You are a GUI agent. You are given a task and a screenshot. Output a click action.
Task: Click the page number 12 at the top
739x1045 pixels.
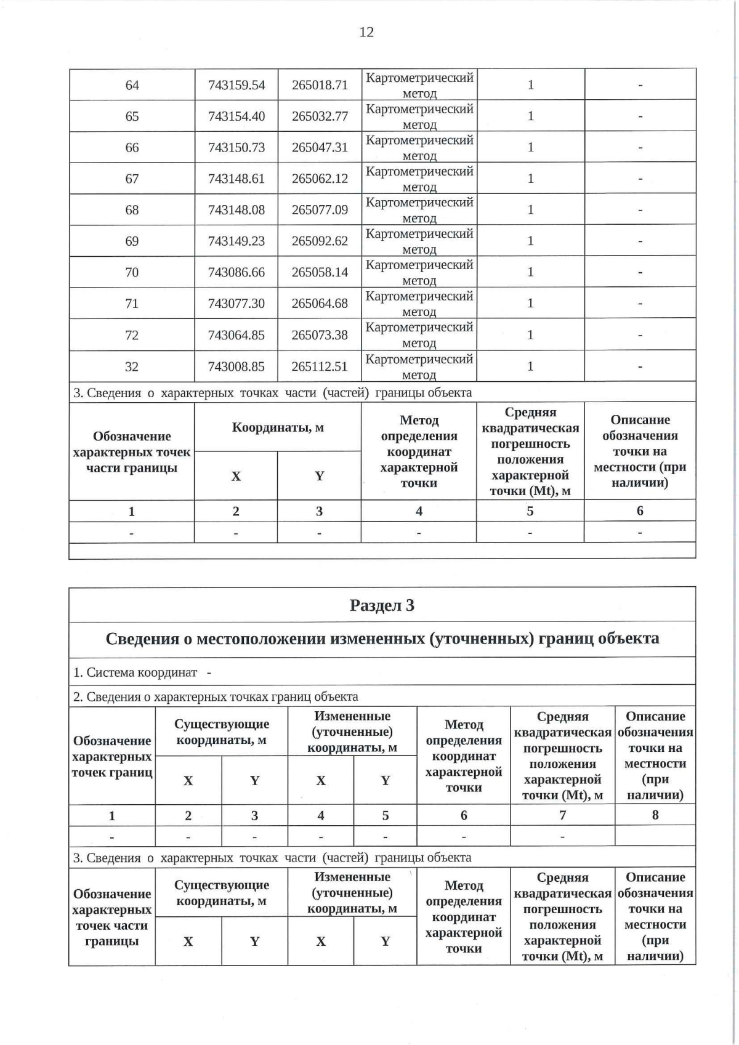click(x=366, y=32)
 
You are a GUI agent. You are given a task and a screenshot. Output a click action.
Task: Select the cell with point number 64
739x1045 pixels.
click(x=132, y=85)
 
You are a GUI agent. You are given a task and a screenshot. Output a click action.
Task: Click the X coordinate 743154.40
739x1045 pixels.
click(x=236, y=116)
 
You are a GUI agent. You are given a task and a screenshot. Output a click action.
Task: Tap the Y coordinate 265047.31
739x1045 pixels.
click(x=320, y=148)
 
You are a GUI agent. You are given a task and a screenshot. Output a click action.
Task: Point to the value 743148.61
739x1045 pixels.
click(x=236, y=179)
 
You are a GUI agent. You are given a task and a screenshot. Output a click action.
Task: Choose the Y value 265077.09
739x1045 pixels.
click(x=320, y=210)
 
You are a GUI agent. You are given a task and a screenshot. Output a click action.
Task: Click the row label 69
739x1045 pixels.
click(x=132, y=241)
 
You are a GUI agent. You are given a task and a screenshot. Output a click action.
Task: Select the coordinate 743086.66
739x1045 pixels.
click(x=236, y=272)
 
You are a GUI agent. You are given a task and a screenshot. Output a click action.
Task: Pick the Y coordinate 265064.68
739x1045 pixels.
click(x=320, y=304)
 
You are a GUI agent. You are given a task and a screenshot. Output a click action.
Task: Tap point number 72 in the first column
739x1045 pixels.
click(x=132, y=335)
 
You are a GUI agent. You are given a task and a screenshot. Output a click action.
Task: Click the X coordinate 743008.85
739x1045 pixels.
click(x=236, y=366)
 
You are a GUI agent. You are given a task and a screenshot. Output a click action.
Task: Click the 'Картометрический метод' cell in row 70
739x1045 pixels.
click(x=419, y=272)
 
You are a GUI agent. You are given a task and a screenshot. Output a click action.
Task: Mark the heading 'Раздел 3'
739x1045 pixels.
click(x=382, y=605)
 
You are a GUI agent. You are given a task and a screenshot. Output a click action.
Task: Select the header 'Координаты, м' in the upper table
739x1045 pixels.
click(x=278, y=427)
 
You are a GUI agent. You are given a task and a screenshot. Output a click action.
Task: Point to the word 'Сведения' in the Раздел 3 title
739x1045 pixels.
click(x=143, y=639)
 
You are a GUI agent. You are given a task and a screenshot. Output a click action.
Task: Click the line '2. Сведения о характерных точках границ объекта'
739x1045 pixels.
click(x=216, y=697)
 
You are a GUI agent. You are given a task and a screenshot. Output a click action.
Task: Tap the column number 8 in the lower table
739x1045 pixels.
click(x=655, y=815)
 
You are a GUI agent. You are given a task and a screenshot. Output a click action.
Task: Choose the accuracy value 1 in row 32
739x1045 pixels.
click(x=530, y=366)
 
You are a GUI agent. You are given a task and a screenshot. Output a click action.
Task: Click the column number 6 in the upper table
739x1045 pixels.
click(x=640, y=511)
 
